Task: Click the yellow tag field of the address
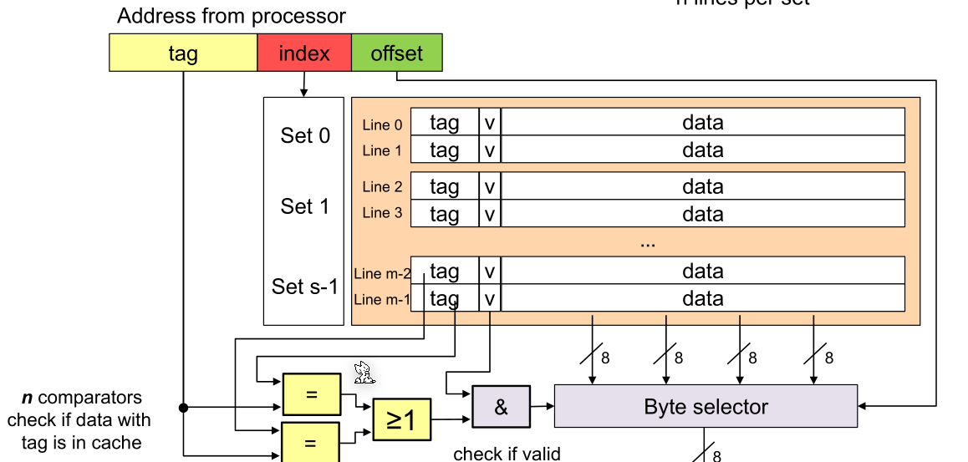pyautogui.click(x=183, y=54)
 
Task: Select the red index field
pyautogui.click(x=304, y=54)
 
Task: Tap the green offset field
pyautogui.click(x=397, y=54)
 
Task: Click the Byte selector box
pyautogui.click(x=706, y=407)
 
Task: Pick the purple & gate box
pyautogui.click(x=501, y=407)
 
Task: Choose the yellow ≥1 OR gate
pyautogui.click(x=400, y=420)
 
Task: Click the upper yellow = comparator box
pyautogui.click(x=312, y=394)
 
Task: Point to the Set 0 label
pyautogui.click(x=304, y=136)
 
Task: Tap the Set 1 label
pyautogui.click(x=304, y=206)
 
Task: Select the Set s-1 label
pyautogui.click(x=304, y=287)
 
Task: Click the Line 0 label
pyautogui.click(x=382, y=124)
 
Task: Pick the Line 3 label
pyautogui.click(x=382, y=213)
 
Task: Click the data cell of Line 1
pyautogui.click(x=702, y=150)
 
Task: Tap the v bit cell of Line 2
pyautogui.click(x=490, y=186)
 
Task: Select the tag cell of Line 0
pyautogui.click(x=444, y=123)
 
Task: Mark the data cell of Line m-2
pyautogui.click(x=702, y=271)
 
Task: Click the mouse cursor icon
pyautogui.click(x=363, y=372)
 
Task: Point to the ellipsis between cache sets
pyautogui.click(x=647, y=243)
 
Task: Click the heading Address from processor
pyautogui.click(x=232, y=16)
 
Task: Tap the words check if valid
pyautogui.click(x=507, y=454)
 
